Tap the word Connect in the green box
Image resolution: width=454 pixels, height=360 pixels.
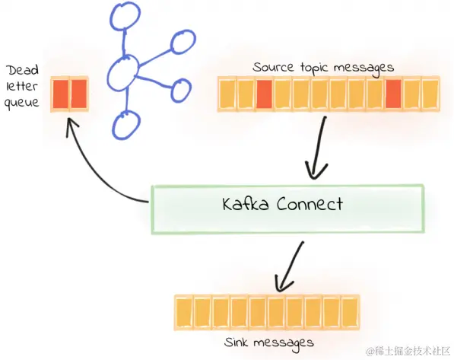pyautogui.click(x=308, y=205)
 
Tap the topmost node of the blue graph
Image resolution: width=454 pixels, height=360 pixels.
pyautogui.click(x=122, y=18)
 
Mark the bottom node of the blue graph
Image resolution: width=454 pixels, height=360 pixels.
pyautogui.click(x=126, y=124)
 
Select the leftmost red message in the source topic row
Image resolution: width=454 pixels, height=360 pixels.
pyautogui.click(x=264, y=94)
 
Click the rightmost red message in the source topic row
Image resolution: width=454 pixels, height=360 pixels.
pyautogui.click(x=393, y=94)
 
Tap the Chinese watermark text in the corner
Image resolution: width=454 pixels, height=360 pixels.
pyautogui.click(x=408, y=351)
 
